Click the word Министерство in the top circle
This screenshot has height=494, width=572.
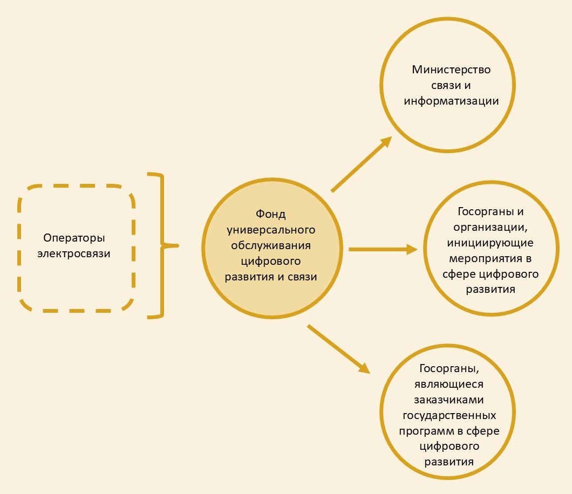coord(451,70)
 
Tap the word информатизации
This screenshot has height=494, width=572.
coord(451,101)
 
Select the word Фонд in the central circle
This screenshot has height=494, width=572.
coord(271,214)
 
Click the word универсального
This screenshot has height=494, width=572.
coord(271,230)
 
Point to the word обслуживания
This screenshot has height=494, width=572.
coord(271,245)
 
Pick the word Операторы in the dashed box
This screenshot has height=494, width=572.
coord(74,238)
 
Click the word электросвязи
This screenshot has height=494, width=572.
coord(74,253)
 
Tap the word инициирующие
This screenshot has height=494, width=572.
coord(491,243)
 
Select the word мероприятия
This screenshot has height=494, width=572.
coord(486,259)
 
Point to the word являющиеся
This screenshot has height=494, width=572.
coord(449,385)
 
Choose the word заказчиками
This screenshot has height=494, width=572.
coord(449,400)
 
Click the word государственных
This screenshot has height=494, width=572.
coord(449,416)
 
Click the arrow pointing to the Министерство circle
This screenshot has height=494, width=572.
coord(362,164)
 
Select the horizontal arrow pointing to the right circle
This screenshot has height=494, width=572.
coord(383,249)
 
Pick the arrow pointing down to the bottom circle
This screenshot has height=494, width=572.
coord(339,349)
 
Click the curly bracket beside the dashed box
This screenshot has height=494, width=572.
coord(163,246)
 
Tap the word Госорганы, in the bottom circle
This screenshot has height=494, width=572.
coord(449,368)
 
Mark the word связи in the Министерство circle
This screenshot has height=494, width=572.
coord(441,85)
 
